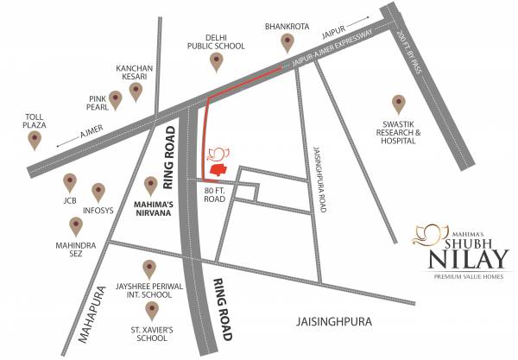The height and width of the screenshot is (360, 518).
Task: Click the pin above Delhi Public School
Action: click(217, 60)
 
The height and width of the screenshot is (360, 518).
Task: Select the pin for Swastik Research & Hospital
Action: click(399, 104)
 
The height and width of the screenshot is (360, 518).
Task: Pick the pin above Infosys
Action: click(98, 190)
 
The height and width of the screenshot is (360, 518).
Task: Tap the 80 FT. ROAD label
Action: click(214, 193)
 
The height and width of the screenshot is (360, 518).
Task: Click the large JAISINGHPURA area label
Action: click(329, 321)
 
